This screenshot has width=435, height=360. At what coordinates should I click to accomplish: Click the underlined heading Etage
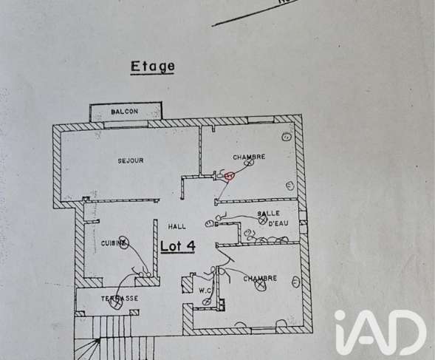153,67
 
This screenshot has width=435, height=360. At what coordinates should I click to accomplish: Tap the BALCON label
124,112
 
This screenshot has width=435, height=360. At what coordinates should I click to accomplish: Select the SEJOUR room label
131,160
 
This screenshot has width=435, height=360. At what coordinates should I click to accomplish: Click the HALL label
177,227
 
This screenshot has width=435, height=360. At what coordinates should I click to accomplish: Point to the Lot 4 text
178,246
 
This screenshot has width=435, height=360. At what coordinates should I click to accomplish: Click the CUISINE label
114,244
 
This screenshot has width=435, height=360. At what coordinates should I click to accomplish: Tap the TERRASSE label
120,299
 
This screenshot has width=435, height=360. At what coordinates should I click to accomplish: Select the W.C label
205,291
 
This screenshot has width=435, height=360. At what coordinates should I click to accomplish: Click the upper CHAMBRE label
249,157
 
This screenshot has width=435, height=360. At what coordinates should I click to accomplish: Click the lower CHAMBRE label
260,279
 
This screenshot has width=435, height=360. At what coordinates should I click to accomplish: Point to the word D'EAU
278,223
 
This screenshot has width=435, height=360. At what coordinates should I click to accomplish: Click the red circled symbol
230,176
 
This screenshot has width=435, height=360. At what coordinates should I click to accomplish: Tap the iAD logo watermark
380,333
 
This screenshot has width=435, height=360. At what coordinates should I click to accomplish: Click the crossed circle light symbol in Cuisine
123,242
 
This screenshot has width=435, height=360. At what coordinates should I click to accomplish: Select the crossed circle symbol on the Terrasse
116,305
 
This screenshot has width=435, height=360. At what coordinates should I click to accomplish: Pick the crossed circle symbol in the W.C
207,302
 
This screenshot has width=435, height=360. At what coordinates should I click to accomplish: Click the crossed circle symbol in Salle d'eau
262,220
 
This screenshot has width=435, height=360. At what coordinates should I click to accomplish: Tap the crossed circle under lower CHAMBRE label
260,285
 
